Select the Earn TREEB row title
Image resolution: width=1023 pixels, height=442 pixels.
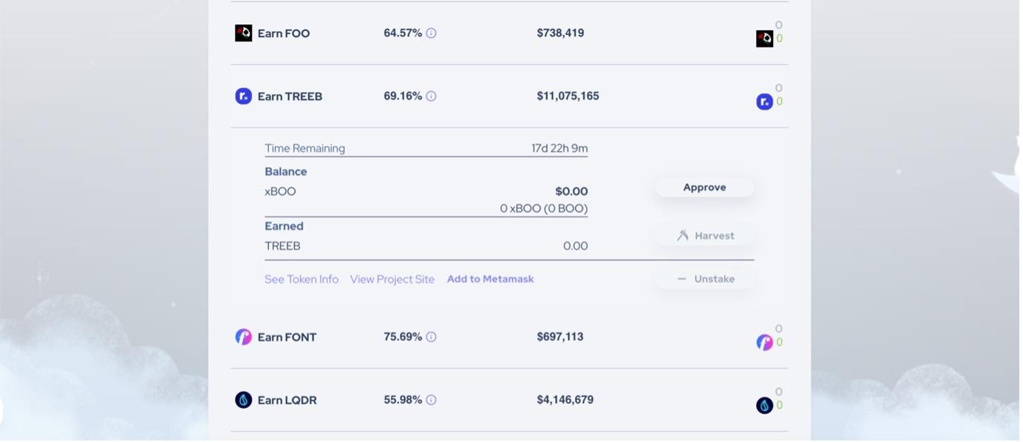point(290,97)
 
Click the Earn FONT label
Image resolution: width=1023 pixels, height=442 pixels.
point(288,338)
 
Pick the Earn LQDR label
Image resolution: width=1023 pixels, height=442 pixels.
point(288,401)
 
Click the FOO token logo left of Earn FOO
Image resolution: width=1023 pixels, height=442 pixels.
point(244,33)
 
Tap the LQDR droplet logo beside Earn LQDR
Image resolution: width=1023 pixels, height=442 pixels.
point(244,401)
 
